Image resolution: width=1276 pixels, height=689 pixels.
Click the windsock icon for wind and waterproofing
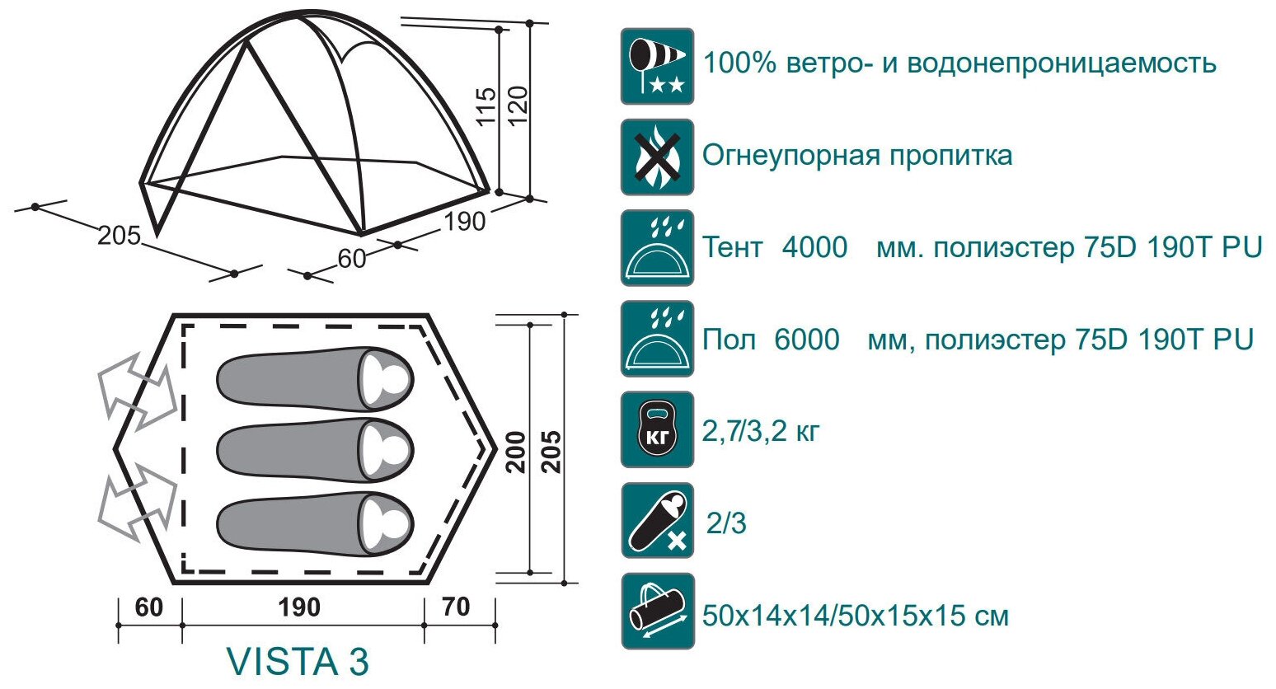(x=657, y=66)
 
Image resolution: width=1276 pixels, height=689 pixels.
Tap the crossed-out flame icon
(x=657, y=157)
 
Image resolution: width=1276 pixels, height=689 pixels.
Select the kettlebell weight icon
(x=657, y=429)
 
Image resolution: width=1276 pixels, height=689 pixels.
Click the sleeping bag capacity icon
(x=657, y=521)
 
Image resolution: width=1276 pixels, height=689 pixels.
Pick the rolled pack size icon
(x=657, y=612)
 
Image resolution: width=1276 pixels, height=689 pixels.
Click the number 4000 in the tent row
(x=814, y=247)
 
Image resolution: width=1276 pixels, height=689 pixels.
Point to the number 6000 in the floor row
(x=807, y=339)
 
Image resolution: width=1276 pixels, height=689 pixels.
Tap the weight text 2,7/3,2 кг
(x=761, y=430)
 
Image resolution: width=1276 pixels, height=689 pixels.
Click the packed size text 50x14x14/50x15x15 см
(x=855, y=616)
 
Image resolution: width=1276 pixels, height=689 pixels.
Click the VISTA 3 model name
(x=298, y=661)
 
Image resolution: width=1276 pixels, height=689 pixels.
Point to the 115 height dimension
(x=487, y=105)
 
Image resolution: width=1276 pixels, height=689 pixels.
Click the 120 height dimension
(x=518, y=105)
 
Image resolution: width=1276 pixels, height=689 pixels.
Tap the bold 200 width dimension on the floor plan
(x=517, y=451)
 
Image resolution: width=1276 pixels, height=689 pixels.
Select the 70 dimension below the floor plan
(x=456, y=607)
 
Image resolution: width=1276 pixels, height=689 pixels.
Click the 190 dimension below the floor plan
(x=298, y=607)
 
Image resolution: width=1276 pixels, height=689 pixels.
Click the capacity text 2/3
(x=726, y=523)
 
